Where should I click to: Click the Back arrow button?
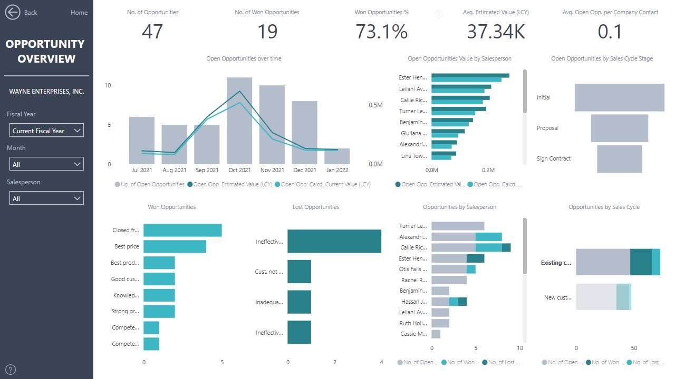[13, 12]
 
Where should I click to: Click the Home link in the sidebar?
[79, 13]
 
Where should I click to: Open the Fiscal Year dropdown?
[46, 131]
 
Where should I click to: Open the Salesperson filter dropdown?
[46, 198]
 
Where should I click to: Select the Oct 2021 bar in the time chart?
[239, 121]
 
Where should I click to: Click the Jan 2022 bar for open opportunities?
[337, 156]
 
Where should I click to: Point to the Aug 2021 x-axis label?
[175, 170]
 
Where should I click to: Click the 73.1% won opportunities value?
[381, 32]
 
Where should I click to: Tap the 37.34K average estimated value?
[496, 32]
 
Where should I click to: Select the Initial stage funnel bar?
[619, 97]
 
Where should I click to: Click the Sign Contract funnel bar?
[619, 159]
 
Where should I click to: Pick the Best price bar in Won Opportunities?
[175, 246]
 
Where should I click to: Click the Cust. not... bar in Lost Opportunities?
[299, 272]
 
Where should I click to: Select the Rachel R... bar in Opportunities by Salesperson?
[449, 280]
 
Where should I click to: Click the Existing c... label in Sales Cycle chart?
[556, 263]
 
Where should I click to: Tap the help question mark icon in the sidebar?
[11, 370]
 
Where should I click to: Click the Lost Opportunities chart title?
[315, 207]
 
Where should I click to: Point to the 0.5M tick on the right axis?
[375, 105]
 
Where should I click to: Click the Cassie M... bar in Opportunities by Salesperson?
[436, 334]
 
